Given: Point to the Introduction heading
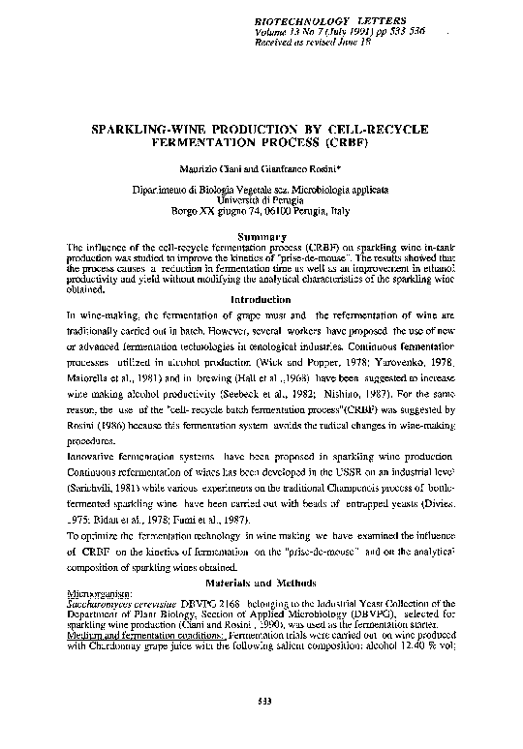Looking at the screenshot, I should (x=261, y=300).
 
